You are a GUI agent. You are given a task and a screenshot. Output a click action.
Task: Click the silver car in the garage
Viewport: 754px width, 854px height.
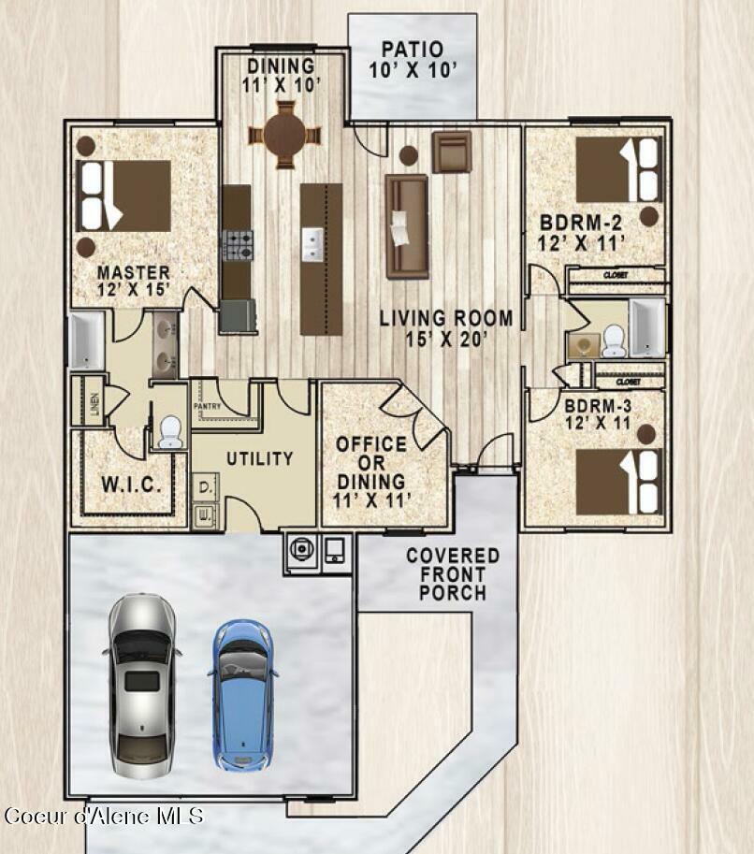142,685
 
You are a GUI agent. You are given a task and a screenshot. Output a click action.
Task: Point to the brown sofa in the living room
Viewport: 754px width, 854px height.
407,225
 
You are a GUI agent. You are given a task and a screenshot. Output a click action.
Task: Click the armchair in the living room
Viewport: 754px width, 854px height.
451,152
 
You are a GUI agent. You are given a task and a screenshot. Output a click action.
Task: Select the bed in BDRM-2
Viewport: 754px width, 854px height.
617,169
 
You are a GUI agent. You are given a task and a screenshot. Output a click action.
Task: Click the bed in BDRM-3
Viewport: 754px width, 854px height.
617,483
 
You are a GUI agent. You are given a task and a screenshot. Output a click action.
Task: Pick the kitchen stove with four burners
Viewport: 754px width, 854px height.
238,245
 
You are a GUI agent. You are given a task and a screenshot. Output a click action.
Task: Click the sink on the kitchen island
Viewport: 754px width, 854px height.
312,244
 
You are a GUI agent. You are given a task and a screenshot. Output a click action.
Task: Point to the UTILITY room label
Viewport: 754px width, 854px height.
259,459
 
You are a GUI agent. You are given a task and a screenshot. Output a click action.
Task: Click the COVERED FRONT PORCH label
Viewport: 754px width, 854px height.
453,574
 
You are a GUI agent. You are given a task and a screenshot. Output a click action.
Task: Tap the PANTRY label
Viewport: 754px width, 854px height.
207,407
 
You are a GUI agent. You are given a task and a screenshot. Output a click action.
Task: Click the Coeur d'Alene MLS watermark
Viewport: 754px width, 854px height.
103,816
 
